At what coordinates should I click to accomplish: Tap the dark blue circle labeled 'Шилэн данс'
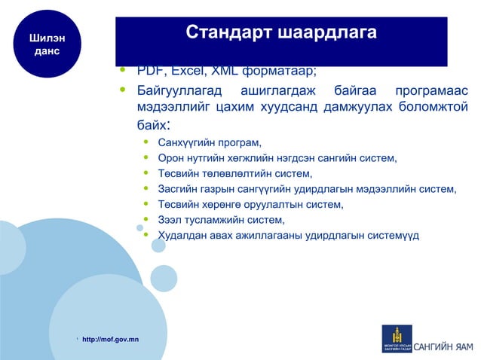(x=47, y=44)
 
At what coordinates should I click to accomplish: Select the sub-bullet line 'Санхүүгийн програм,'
(x=210, y=142)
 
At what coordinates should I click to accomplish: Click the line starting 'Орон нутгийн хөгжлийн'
(x=277, y=158)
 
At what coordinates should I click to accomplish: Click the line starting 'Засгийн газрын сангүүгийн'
(x=307, y=189)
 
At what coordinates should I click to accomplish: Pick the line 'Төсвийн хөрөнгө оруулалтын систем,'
(x=250, y=205)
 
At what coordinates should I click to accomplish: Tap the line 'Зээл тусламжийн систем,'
(x=222, y=220)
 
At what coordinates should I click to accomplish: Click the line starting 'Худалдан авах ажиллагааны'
(x=288, y=236)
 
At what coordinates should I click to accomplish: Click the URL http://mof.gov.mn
(x=110, y=340)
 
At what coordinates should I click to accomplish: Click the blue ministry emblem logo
(x=397, y=338)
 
